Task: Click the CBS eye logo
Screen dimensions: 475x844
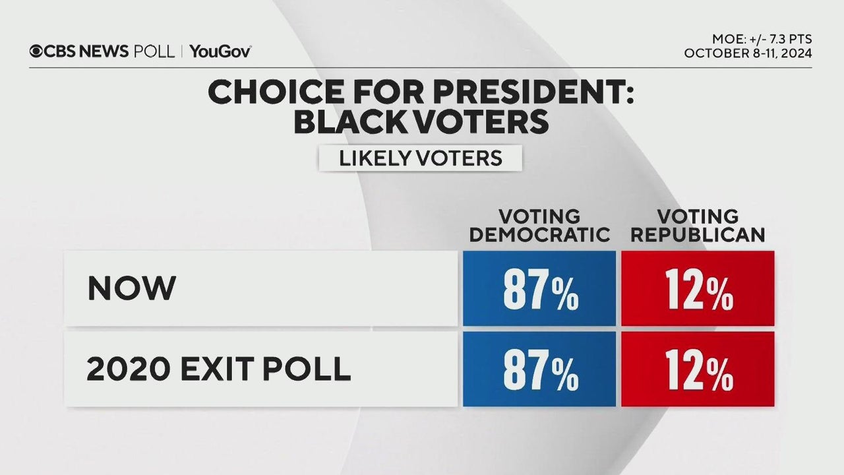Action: pyautogui.click(x=36, y=51)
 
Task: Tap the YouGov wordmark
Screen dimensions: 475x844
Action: pyautogui.click(x=220, y=51)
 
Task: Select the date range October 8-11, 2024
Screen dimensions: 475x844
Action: pyautogui.click(x=748, y=53)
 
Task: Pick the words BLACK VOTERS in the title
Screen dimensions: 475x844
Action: pyautogui.click(x=421, y=122)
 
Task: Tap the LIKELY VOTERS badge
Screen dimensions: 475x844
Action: pyautogui.click(x=420, y=158)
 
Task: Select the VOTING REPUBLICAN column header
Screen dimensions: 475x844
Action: pyautogui.click(x=697, y=226)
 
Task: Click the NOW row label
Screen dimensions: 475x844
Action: pyautogui.click(x=132, y=288)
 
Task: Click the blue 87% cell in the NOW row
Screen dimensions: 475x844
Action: pyautogui.click(x=539, y=289)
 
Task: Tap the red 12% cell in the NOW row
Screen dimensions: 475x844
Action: pyautogui.click(x=698, y=289)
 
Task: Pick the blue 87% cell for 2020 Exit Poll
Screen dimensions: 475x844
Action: pyautogui.click(x=539, y=369)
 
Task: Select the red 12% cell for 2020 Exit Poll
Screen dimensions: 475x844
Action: pyautogui.click(x=698, y=369)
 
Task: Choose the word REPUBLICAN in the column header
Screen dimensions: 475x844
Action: pyautogui.click(x=697, y=234)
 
